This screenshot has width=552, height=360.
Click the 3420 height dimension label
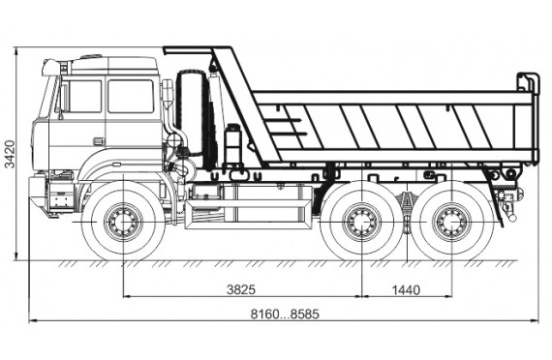[x=10, y=154]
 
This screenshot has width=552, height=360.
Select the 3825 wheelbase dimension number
[x=241, y=289]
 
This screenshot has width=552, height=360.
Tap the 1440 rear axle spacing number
[x=406, y=290]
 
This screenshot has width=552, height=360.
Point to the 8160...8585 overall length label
[x=285, y=314]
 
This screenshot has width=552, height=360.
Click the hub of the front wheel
[x=124, y=223]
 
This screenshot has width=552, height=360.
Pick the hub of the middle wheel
[x=362, y=223]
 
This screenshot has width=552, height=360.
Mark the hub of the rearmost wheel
[x=451, y=223]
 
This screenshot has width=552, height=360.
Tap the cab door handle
[x=99, y=141]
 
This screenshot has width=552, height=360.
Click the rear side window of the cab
[x=131, y=97]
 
